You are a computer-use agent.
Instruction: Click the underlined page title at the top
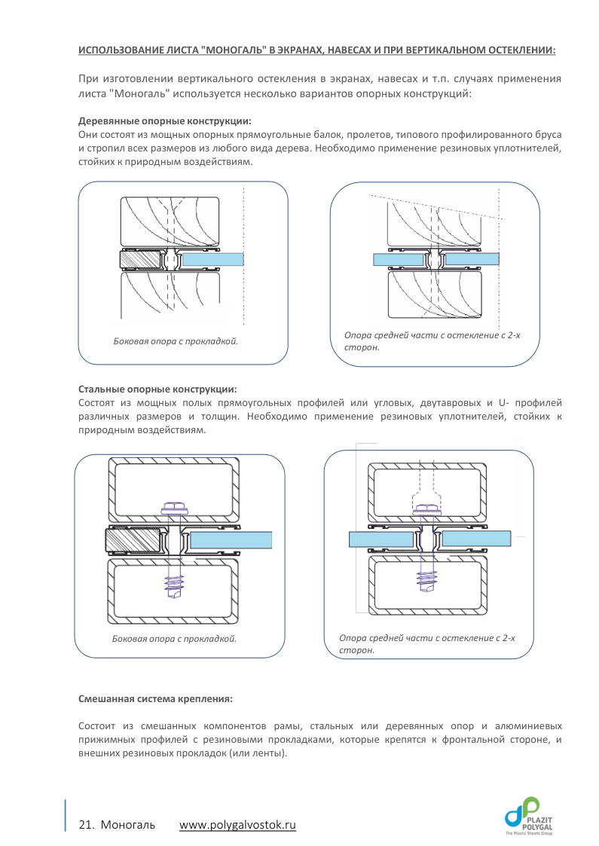tap(317, 50)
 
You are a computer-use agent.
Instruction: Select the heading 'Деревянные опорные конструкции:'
tap(165, 121)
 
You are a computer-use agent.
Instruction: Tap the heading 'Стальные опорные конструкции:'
tap(157, 389)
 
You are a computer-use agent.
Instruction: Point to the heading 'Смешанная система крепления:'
tap(156, 699)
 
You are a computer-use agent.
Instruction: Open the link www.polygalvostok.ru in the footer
tap(237, 825)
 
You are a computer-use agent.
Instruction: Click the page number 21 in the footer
tap(85, 825)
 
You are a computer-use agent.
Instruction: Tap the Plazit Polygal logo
tap(531, 816)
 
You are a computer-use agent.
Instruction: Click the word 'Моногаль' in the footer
tap(128, 825)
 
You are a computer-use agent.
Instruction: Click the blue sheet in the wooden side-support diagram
tap(214, 259)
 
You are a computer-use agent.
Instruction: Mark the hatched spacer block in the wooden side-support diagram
tap(142, 260)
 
